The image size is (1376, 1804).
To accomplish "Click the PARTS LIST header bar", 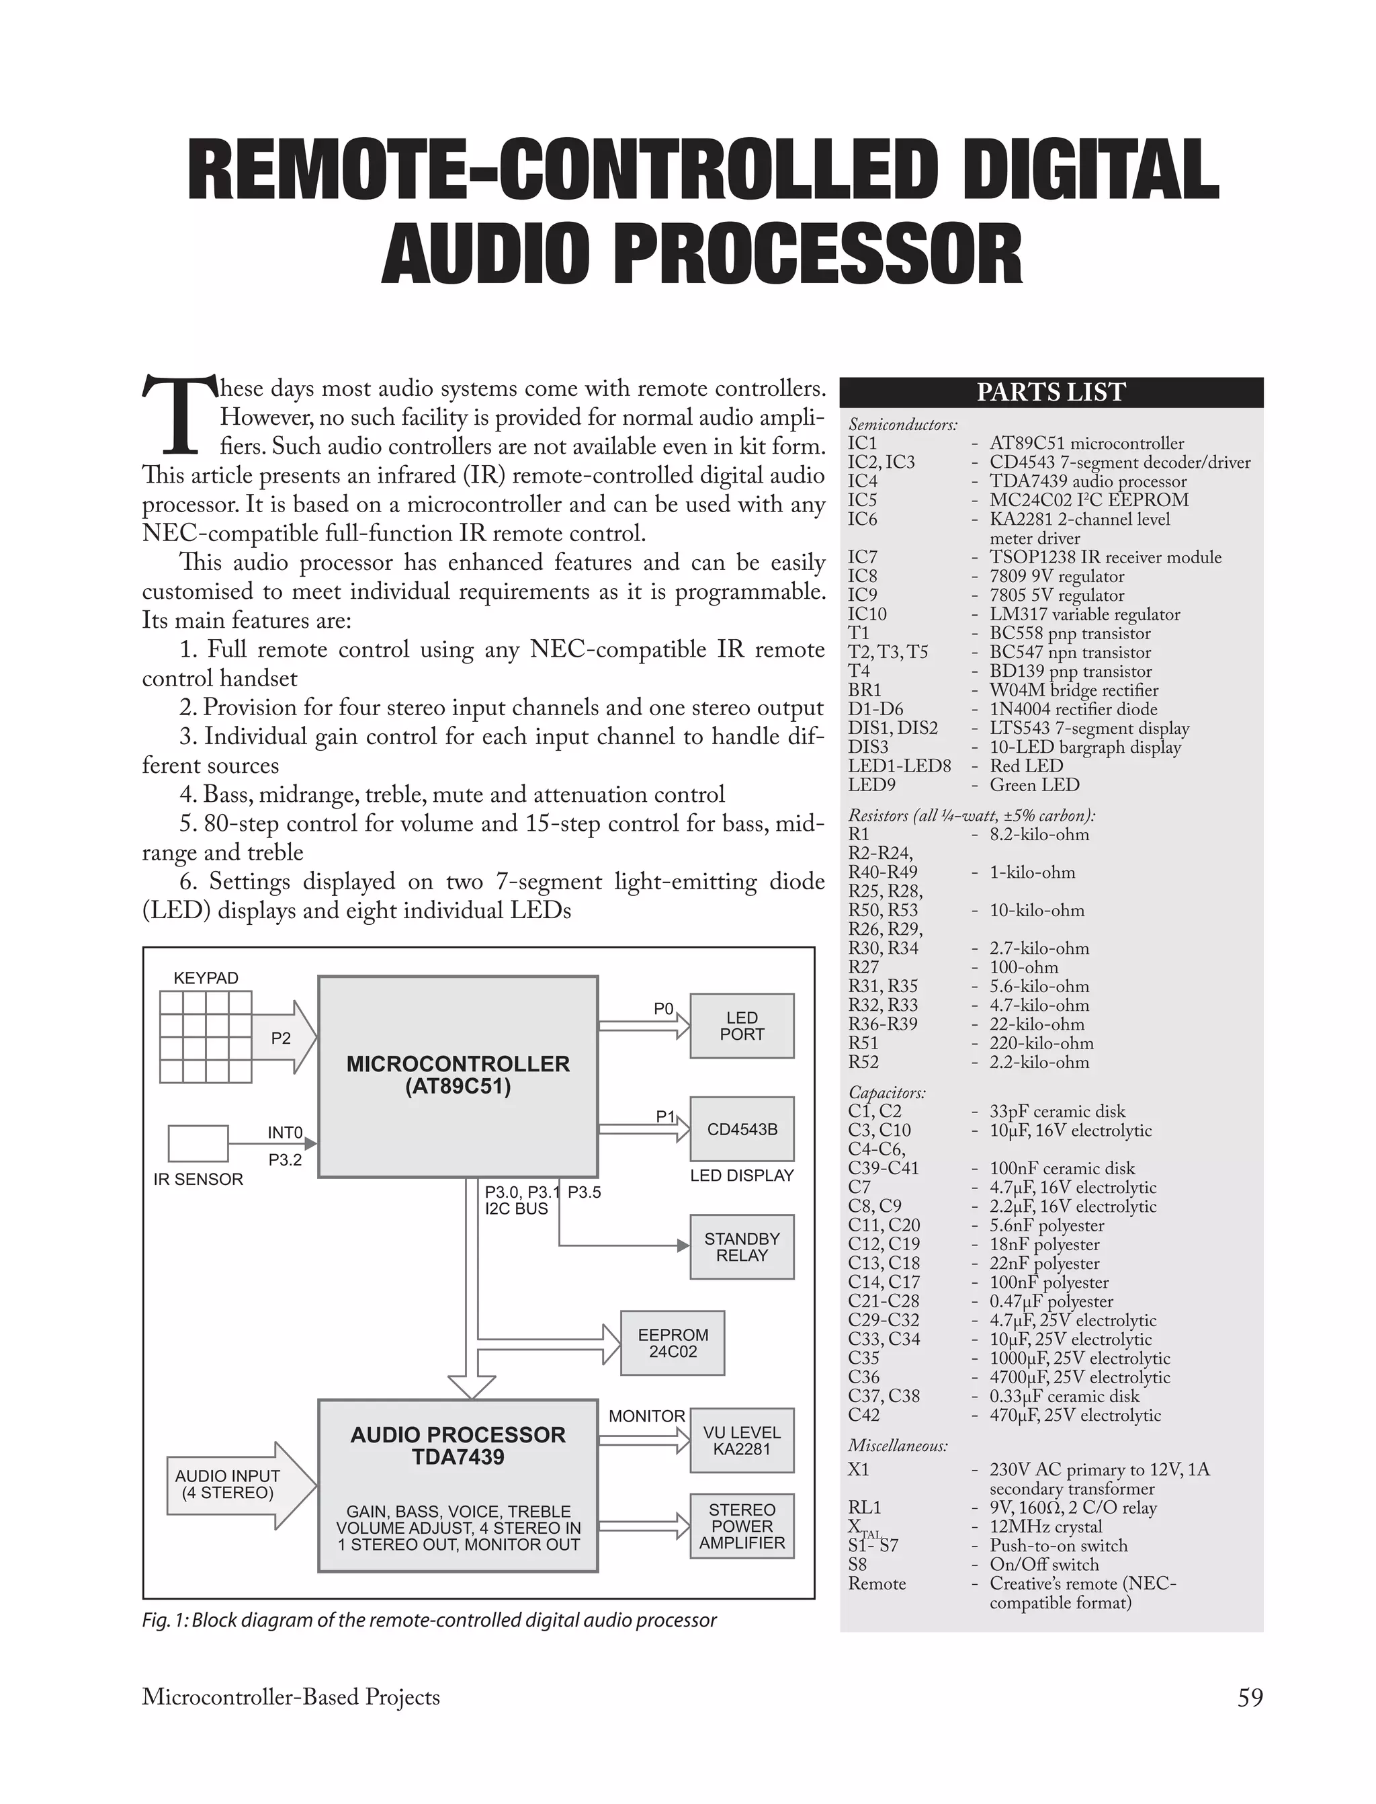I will click(1051, 393).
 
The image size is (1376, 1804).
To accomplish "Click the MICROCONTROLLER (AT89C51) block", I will click(458, 1075).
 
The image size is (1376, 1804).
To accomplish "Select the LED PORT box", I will click(741, 1026).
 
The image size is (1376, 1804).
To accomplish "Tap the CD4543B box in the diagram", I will click(741, 1129).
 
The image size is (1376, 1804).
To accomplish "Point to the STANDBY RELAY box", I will click(741, 1246).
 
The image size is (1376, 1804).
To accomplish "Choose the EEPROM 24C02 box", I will click(673, 1343).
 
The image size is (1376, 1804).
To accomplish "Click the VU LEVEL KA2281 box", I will click(741, 1440).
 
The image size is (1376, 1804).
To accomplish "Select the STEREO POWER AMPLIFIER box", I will click(741, 1526).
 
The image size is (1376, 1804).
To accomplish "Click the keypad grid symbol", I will click(206, 1036).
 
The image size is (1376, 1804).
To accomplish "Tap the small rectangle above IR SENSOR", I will click(198, 1143).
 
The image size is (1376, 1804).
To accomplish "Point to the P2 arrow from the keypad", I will click(283, 1037).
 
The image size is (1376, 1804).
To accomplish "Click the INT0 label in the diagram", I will click(285, 1133).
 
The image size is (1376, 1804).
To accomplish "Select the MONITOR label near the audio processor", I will click(646, 1416).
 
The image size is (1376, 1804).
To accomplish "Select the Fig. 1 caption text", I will click(429, 1620).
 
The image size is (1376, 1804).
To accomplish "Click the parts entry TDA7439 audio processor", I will click(1087, 481).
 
